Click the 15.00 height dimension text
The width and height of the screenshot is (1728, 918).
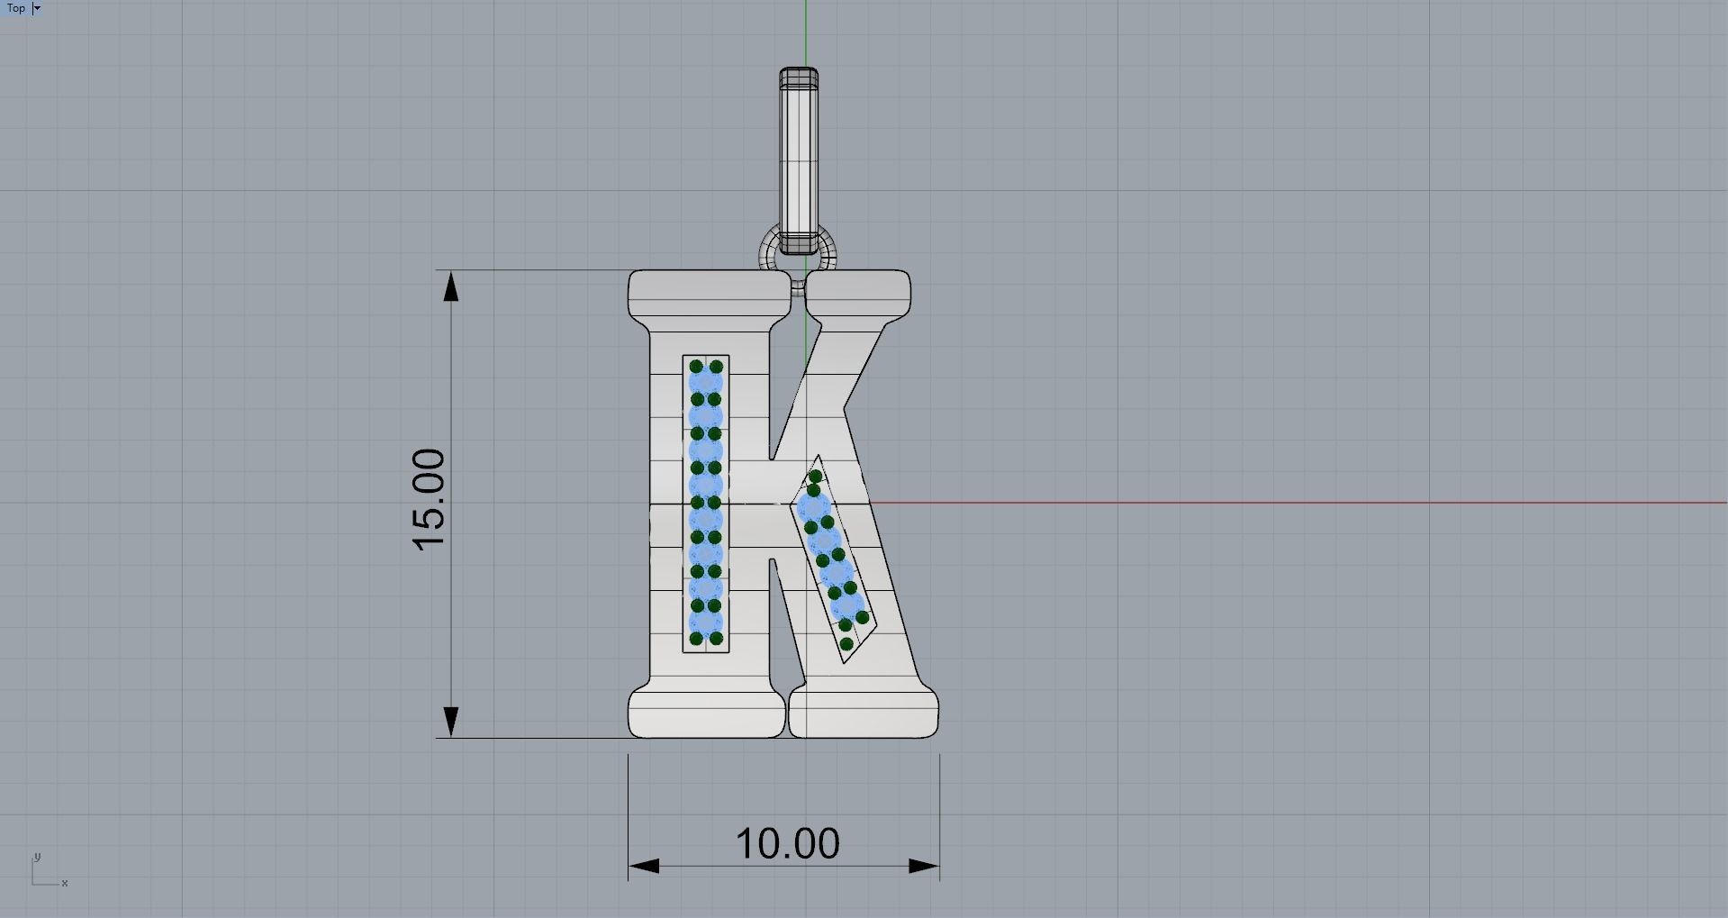429,500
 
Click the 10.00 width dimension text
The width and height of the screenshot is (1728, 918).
788,844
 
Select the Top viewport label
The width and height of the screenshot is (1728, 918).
16,8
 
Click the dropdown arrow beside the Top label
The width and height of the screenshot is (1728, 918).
37,8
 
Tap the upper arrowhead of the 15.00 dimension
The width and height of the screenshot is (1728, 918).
451,286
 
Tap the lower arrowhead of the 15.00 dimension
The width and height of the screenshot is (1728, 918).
451,722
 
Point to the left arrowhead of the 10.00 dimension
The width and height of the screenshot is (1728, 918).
644,866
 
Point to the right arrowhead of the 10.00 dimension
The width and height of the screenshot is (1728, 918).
924,866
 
